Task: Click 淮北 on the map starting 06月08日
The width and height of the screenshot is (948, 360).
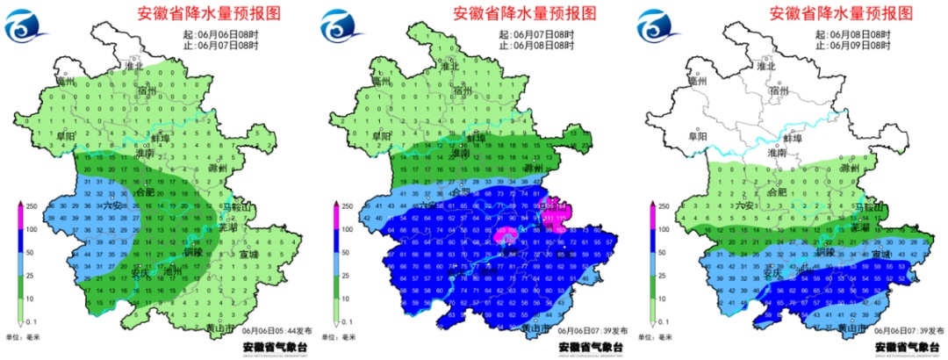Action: coord(766,66)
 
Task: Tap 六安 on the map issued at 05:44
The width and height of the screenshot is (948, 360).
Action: coord(113,205)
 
